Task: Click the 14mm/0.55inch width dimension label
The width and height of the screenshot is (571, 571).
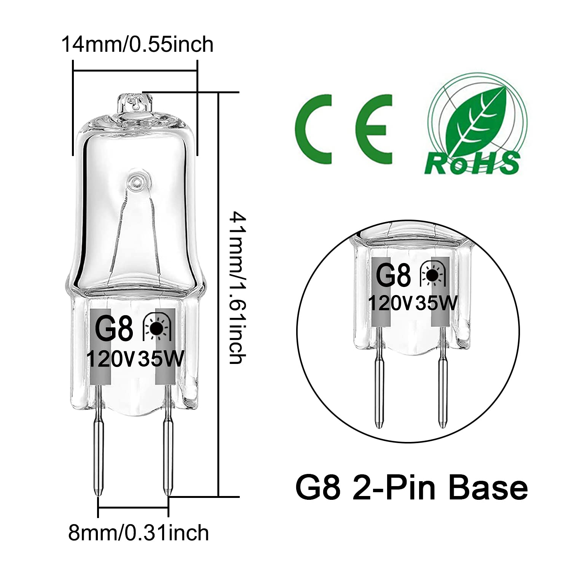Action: pyautogui.click(x=137, y=45)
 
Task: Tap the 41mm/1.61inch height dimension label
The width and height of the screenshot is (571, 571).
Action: pyautogui.click(x=236, y=288)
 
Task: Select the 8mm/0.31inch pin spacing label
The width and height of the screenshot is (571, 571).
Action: pyautogui.click(x=139, y=533)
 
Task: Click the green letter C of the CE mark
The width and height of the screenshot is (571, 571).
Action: pyautogui.click(x=316, y=123)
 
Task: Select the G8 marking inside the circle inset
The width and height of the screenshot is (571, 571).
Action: pyautogui.click(x=393, y=276)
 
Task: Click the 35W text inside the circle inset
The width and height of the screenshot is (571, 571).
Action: pyautogui.click(x=436, y=303)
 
